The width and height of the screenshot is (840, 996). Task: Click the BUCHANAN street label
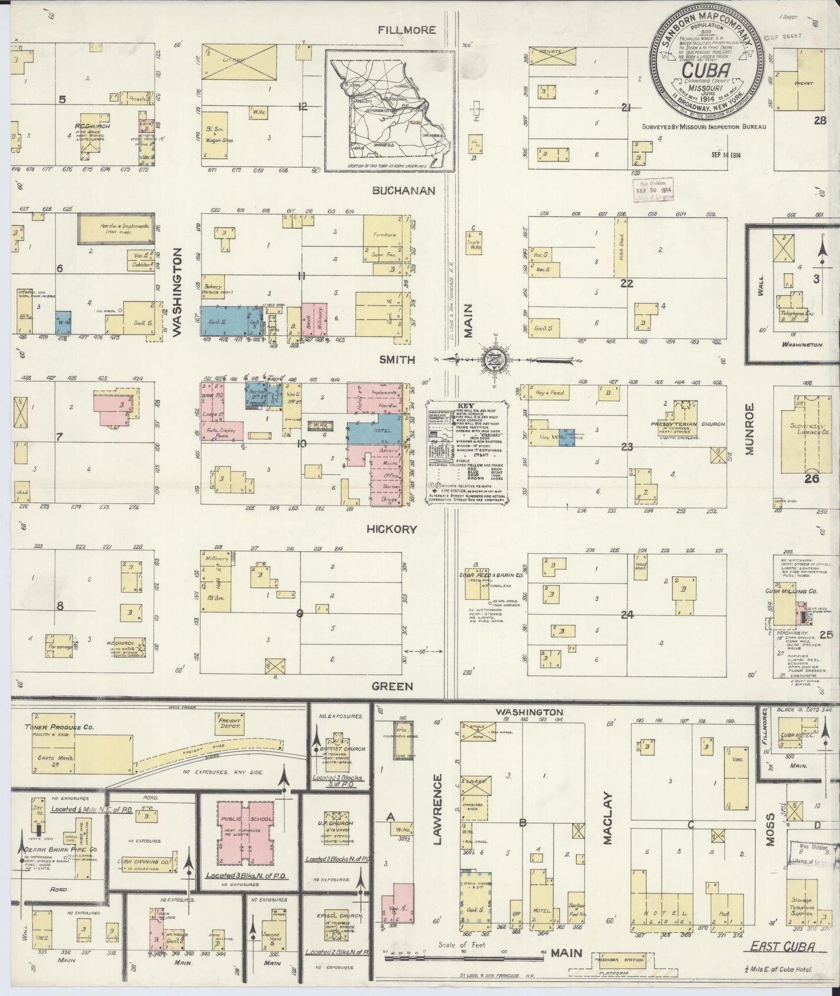click(x=404, y=191)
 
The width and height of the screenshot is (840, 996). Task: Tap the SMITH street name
click(x=397, y=360)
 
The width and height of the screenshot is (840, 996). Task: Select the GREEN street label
click(x=392, y=686)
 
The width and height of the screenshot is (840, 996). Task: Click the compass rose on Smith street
click(x=494, y=360)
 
